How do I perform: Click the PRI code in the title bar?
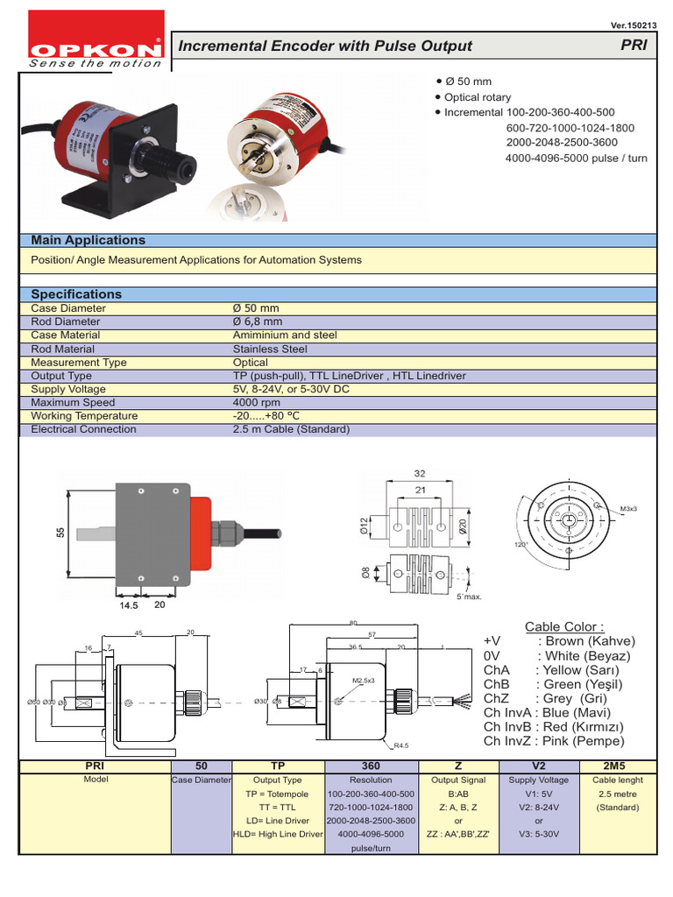pos(633,46)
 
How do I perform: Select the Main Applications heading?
pos(89,240)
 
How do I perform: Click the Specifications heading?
pos(76,294)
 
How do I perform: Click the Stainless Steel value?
pos(270,349)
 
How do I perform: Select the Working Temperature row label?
pos(84,416)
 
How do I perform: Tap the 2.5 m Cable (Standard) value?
pos(291,429)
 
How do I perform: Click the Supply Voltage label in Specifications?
pos(68,389)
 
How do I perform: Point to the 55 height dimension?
pos(61,532)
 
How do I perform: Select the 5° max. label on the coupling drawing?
pos(470,597)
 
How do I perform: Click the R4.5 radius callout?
pos(402,746)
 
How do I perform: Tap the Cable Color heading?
pos(564,626)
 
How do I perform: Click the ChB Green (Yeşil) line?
pos(556,684)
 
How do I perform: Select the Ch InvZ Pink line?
pos(554,741)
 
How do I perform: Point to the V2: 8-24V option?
pos(539,807)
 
